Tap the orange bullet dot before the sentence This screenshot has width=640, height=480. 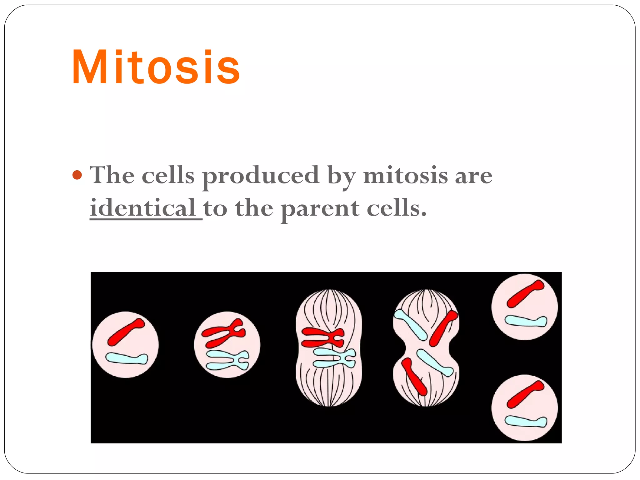pos(77,175)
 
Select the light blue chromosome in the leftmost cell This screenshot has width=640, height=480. pos(127,358)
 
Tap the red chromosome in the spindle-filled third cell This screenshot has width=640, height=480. pos(322,337)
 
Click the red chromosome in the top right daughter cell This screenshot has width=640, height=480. pos(525,294)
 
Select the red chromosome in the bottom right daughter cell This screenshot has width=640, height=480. pos(525,395)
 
